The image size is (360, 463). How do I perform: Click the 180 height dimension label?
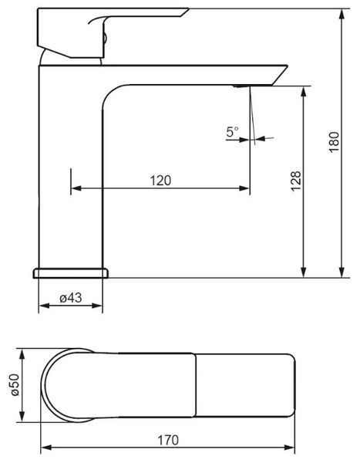334,142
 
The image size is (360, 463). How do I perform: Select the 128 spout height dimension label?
296,181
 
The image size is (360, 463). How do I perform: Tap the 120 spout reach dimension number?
160,181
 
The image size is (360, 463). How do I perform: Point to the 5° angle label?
233,131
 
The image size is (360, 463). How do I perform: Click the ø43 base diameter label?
71,298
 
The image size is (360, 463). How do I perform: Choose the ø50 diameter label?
15,385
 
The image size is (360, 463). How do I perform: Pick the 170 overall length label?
168,441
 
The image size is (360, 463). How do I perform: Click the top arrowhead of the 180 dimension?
341,15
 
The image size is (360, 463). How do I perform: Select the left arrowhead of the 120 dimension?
76,188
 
